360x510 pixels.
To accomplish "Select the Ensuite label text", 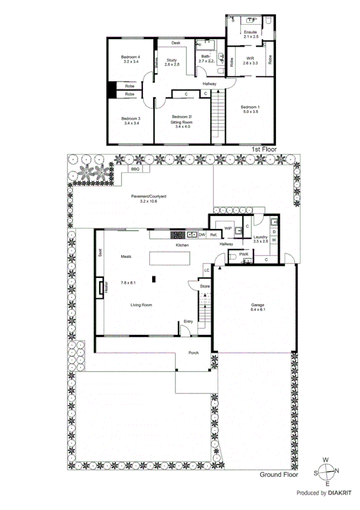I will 251,32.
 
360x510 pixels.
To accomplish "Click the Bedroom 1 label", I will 250,107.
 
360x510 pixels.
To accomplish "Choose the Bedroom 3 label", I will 130,119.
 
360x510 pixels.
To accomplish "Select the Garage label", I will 257,305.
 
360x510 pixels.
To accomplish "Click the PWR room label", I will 244,254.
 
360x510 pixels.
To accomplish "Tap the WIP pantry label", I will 228,229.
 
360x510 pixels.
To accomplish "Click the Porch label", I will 194,352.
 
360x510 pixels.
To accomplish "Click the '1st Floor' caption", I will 263,147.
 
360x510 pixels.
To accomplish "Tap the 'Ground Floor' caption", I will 278,475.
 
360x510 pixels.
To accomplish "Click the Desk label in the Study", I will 176,43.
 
